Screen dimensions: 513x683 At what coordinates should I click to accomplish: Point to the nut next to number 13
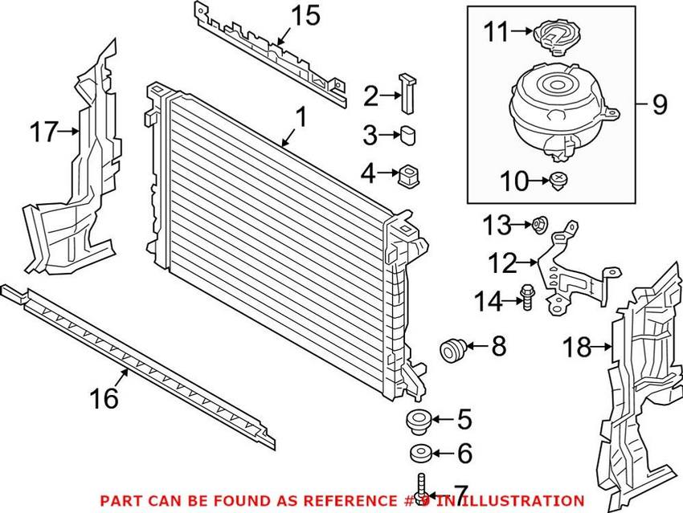tap(540, 224)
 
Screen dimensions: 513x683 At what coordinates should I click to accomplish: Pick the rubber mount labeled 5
tap(416, 420)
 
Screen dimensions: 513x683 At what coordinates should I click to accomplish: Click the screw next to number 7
tap(420, 488)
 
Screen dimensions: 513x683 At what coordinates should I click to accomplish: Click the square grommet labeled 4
tap(410, 174)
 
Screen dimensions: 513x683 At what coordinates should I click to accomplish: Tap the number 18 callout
tap(577, 347)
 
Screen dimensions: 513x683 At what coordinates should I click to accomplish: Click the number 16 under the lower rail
tap(104, 397)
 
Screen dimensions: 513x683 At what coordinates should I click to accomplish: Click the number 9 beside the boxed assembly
tap(659, 104)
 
